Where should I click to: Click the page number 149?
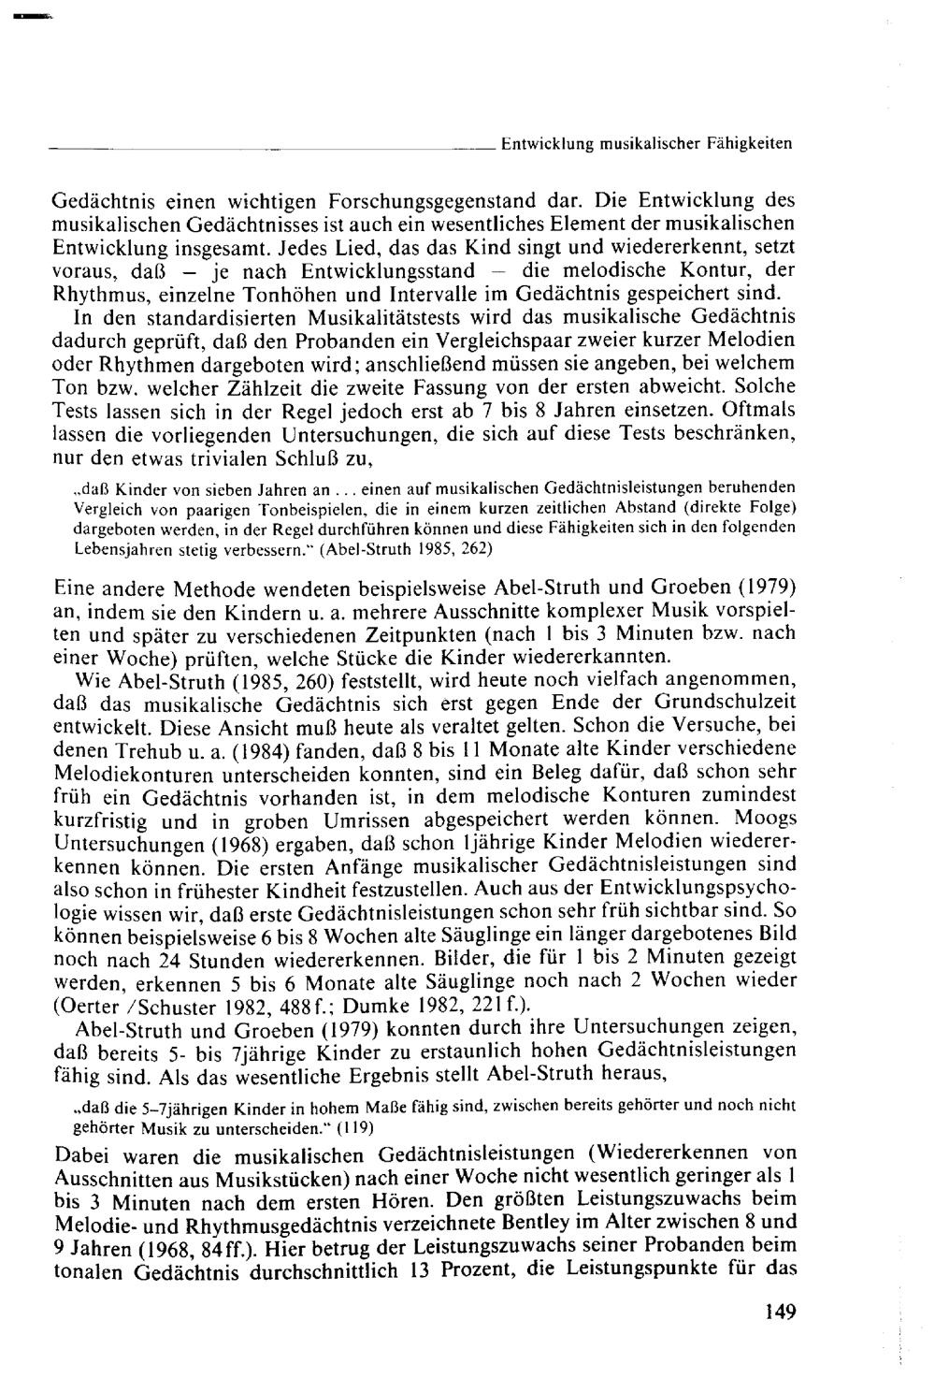pyautogui.click(x=779, y=1312)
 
